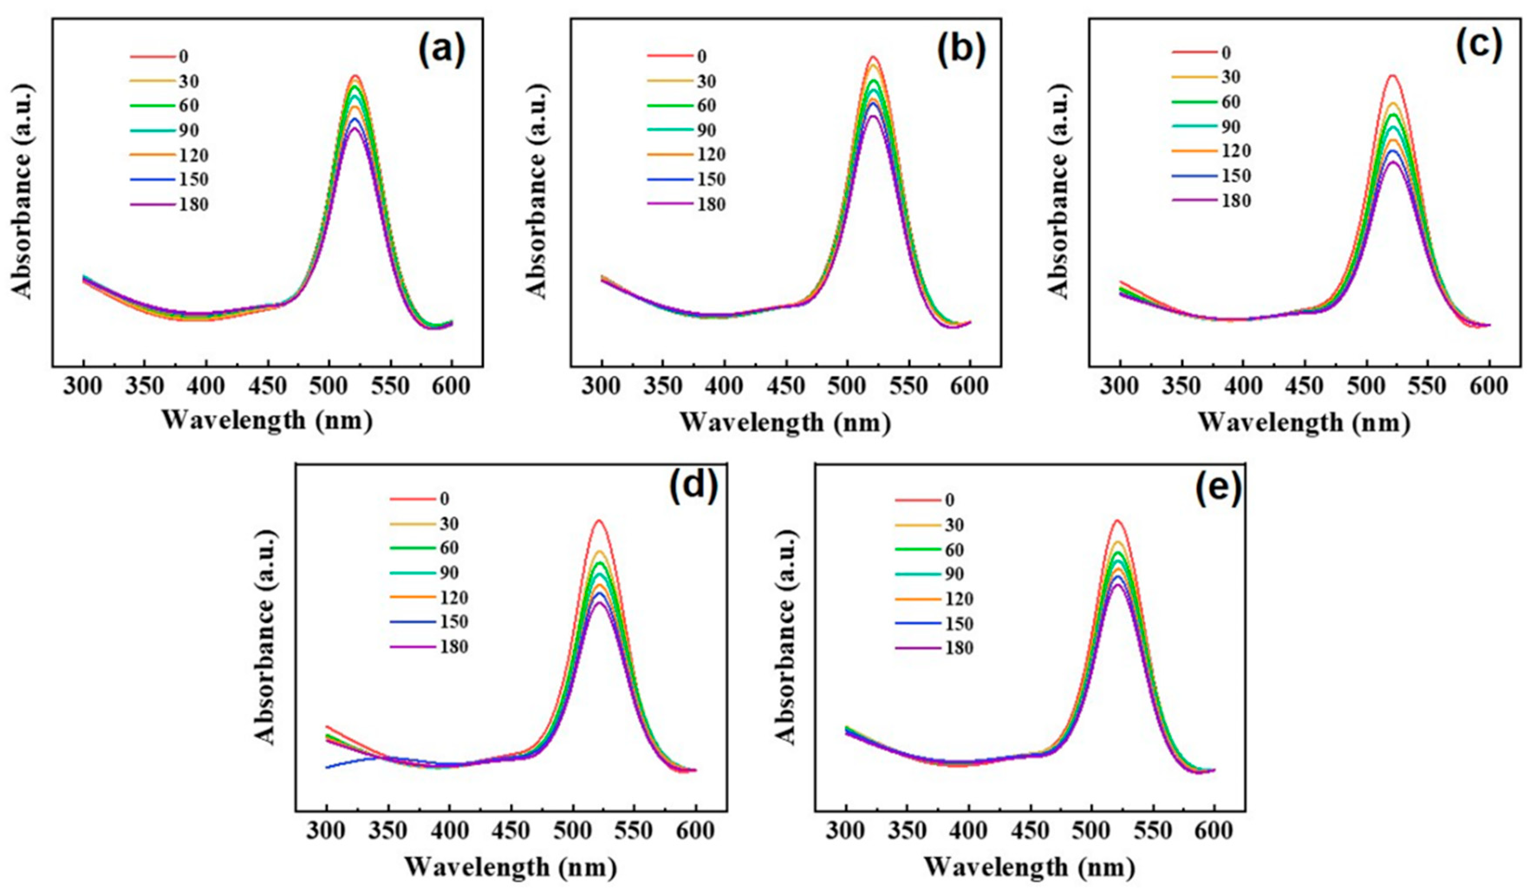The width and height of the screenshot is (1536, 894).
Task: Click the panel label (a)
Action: (441, 49)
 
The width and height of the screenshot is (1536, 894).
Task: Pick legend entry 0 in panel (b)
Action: (702, 57)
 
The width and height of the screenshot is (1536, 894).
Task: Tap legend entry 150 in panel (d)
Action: (453, 621)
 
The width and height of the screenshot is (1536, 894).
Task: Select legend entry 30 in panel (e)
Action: (954, 525)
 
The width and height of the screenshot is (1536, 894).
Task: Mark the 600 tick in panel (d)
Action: (696, 831)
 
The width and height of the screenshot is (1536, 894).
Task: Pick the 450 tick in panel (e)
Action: (1031, 831)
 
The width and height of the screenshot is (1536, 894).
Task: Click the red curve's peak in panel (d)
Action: (599, 520)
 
